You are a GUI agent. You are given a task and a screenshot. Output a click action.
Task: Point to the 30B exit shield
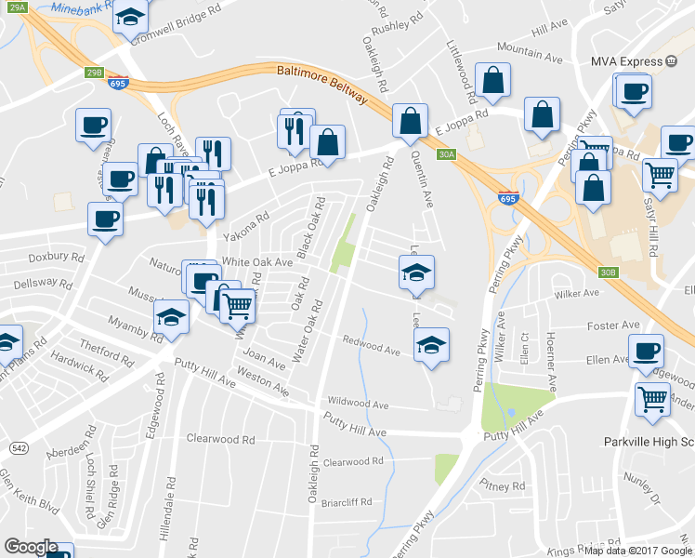pos(608,272)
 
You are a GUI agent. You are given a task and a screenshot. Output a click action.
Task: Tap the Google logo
pos(30,547)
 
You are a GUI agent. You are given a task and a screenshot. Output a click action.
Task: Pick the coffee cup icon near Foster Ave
pos(646,352)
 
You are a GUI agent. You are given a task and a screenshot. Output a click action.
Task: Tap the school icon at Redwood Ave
pos(431,345)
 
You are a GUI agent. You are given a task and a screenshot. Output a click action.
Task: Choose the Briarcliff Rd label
pos(346,502)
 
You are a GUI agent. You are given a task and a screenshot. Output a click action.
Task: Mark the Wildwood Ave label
pos(357,405)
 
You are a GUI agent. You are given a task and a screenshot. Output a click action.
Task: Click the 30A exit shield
pos(446,155)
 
